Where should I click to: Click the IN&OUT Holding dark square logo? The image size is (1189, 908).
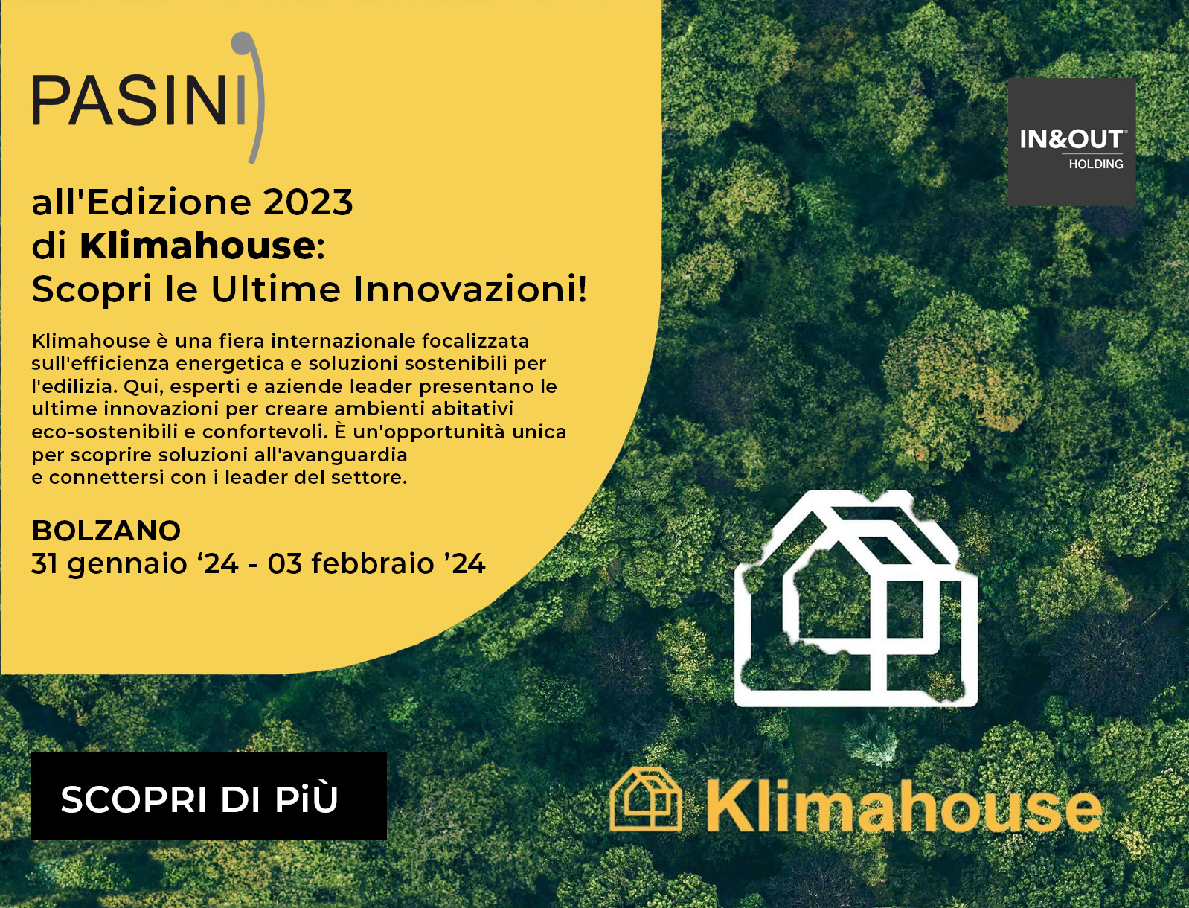tap(1071, 142)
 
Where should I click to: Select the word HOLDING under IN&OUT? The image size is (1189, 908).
tap(1096, 164)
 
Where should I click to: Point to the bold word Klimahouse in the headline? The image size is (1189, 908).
tap(198, 246)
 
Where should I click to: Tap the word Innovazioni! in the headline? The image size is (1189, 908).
tap(470, 290)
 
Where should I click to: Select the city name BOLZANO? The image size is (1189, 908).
tap(106, 531)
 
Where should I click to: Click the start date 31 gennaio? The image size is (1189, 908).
tap(109, 564)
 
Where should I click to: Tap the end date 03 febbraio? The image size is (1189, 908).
tap(351, 563)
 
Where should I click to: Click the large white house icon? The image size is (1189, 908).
tap(856, 598)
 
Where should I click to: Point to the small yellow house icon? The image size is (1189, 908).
tap(646, 799)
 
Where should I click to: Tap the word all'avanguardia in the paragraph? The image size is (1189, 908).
tap(330, 455)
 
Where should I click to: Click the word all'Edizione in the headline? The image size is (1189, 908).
tap(141, 202)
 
